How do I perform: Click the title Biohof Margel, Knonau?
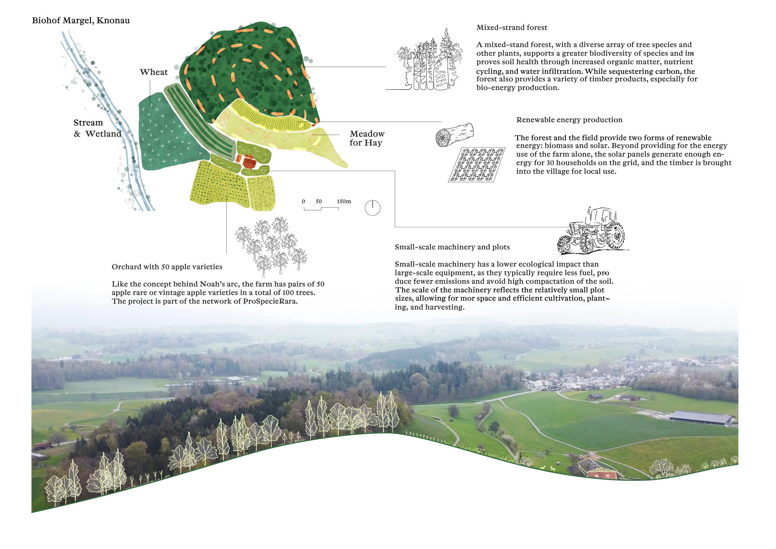point(81,20)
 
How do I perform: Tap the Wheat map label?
point(153,72)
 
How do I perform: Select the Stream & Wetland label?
point(97,128)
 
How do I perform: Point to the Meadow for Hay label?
point(367,138)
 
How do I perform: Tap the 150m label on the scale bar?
point(344,202)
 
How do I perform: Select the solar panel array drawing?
point(476,165)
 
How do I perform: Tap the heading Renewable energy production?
point(569,120)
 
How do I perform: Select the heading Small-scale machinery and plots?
point(452,247)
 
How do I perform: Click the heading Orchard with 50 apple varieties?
point(167,267)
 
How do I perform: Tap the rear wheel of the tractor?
point(615,235)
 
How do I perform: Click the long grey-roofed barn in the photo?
point(701,418)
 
